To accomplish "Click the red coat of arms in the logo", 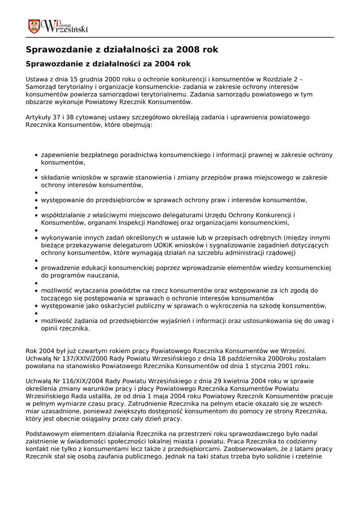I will click(34, 26).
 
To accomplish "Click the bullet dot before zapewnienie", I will click(37, 155).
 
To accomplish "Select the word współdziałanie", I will click(64, 215).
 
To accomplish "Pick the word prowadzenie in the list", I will click(61, 268).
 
